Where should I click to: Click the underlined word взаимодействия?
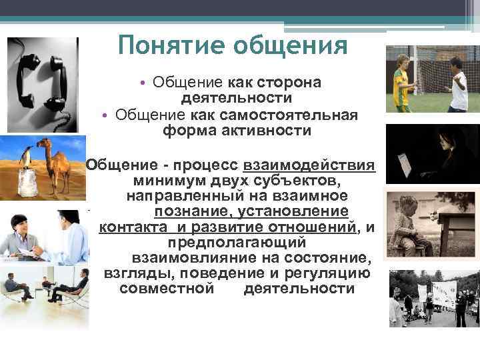pyautogui.click(x=309, y=165)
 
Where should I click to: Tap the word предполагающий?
pyautogui.click(x=237, y=243)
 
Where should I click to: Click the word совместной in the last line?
pyautogui.click(x=167, y=289)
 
